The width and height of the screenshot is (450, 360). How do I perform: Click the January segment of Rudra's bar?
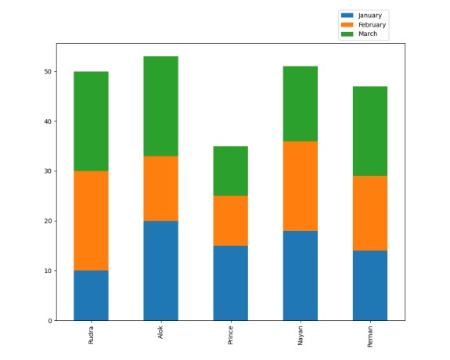[x=91, y=295]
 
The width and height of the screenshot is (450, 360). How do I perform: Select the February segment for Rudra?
[x=91, y=221]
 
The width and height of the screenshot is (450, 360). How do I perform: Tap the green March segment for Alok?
[x=160, y=106]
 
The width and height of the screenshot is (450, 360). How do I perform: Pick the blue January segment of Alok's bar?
[x=160, y=270]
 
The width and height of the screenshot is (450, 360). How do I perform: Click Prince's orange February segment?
[x=230, y=221]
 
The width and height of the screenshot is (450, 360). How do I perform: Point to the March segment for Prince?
[x=230, y=171]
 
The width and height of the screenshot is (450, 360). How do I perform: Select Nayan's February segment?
[x=300, y=185]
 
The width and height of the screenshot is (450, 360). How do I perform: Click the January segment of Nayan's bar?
[x=300, y=275]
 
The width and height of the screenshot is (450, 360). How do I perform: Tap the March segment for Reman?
[x=369, y=131]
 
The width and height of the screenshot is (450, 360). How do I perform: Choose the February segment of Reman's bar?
[x=369, y=213]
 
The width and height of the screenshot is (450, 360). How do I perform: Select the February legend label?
[x=372, y=25]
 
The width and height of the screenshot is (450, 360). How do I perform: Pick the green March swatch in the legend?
[x=347, y=34]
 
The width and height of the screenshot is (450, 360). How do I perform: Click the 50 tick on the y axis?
[x=47, y=72]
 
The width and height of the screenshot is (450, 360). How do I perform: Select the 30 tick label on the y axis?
[x=47, y=171]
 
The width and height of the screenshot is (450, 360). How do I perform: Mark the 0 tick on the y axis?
[x=49, y=321]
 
